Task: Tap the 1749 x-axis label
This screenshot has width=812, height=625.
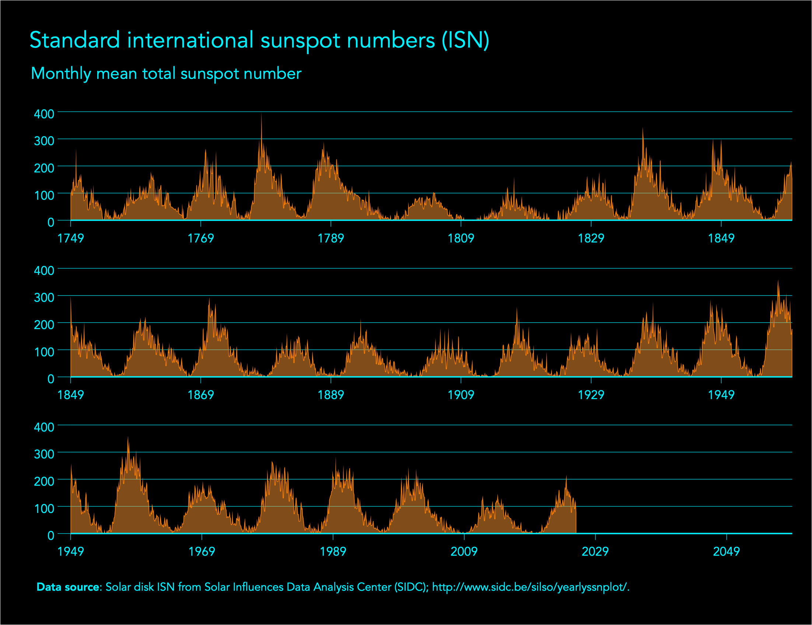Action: coord(71,238)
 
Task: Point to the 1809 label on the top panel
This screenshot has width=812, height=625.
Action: coord(461,238)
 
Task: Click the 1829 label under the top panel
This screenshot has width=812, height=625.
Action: coord(591,238)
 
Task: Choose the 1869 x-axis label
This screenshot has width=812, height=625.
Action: coord(201,395)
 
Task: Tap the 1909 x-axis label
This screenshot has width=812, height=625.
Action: coord(461,395)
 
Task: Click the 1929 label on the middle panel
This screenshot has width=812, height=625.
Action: coord(591,395)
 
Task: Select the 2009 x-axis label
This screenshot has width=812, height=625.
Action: coord(464,551)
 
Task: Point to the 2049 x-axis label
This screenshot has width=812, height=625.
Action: coord(727,551)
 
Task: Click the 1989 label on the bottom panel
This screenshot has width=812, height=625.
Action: coord(333,551)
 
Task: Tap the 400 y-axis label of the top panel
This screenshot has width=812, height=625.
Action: coord(44,114)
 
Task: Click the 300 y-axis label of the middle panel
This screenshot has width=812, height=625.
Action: coord(44,297)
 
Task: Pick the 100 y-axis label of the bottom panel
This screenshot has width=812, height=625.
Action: coord(44,508)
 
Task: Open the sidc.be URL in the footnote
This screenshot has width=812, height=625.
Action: coord(530,587)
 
